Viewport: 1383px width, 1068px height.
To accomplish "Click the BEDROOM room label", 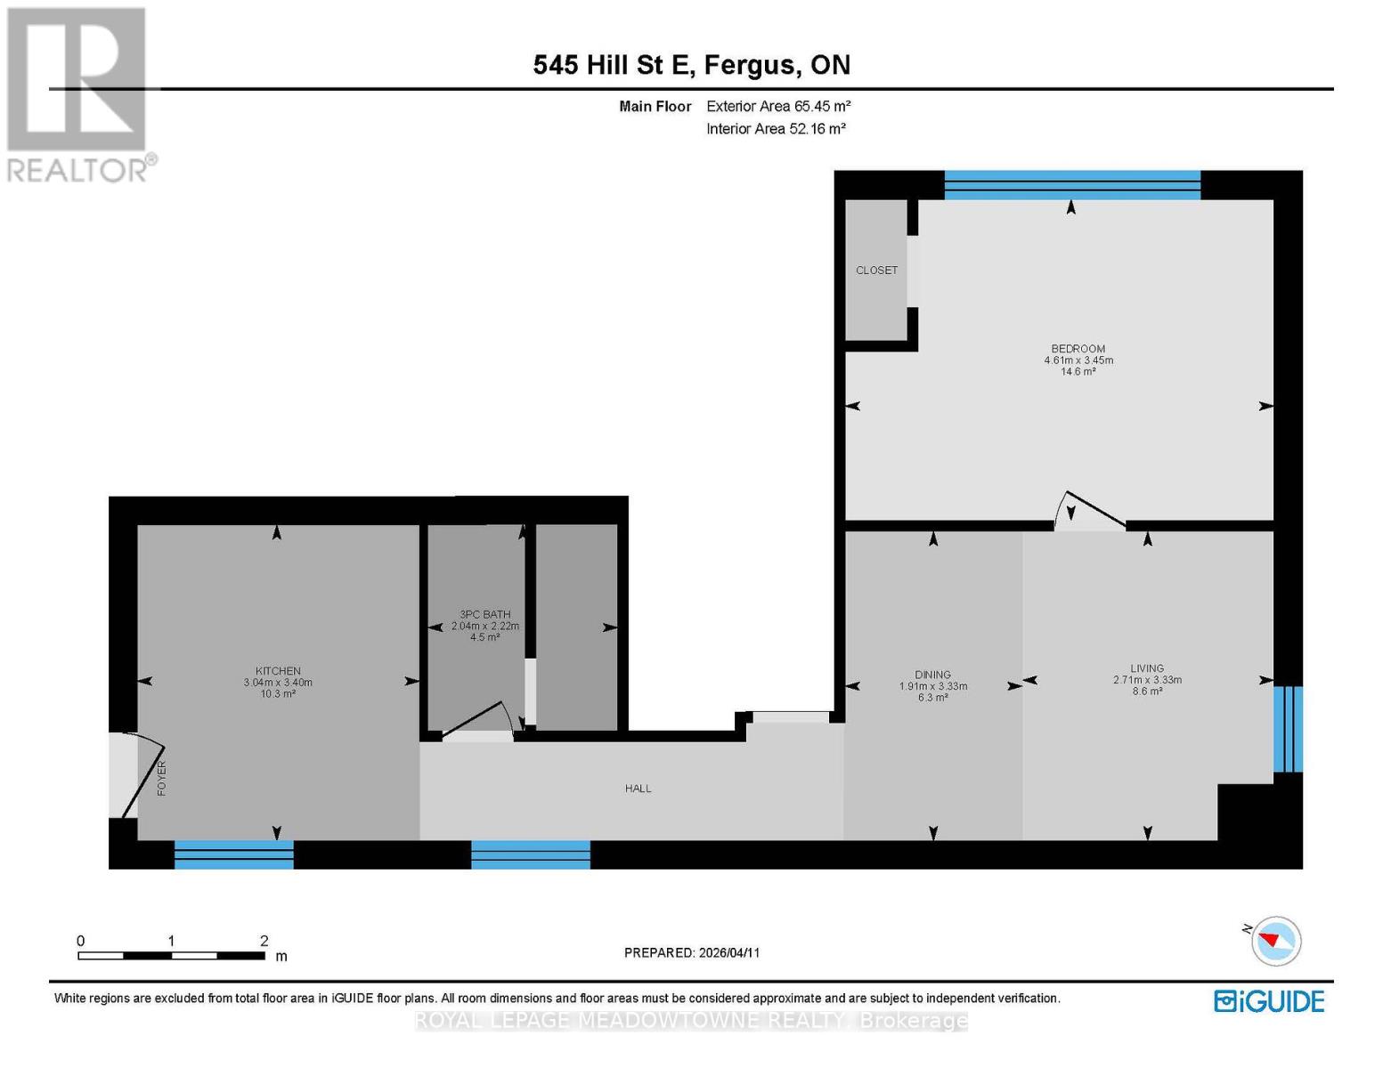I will [x=1078, y=349].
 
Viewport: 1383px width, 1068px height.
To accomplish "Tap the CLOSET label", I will [x=876, y=271].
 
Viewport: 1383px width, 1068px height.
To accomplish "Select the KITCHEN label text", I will [x=278, y=671].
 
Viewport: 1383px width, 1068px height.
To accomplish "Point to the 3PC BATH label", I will [x=484, y=614].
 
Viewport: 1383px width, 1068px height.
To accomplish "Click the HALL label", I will [x=638, y=789].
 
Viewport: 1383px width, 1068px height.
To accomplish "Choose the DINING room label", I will [x=932, y=675].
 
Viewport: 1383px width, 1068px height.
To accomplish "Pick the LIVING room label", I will [x=1147, y=668].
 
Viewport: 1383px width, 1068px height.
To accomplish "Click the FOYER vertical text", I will [x=162, y=777].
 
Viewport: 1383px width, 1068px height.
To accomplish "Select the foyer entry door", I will [x=130, y=774].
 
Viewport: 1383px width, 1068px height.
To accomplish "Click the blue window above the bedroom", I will [x=1072, y=185].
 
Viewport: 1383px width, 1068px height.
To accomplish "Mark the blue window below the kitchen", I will [x=233, y=854].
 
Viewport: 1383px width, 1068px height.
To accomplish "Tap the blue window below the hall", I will [x=531, y=854].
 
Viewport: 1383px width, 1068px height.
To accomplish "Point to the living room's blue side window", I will [x=1288, y=728].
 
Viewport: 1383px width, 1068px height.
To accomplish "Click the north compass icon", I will [x=1275, y=941].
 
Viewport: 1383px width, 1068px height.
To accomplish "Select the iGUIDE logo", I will [x=1269, y=1001].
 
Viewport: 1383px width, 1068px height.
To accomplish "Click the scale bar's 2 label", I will [x=264, y=941].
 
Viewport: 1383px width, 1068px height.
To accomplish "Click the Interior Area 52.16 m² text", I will [x=776, y=129].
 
